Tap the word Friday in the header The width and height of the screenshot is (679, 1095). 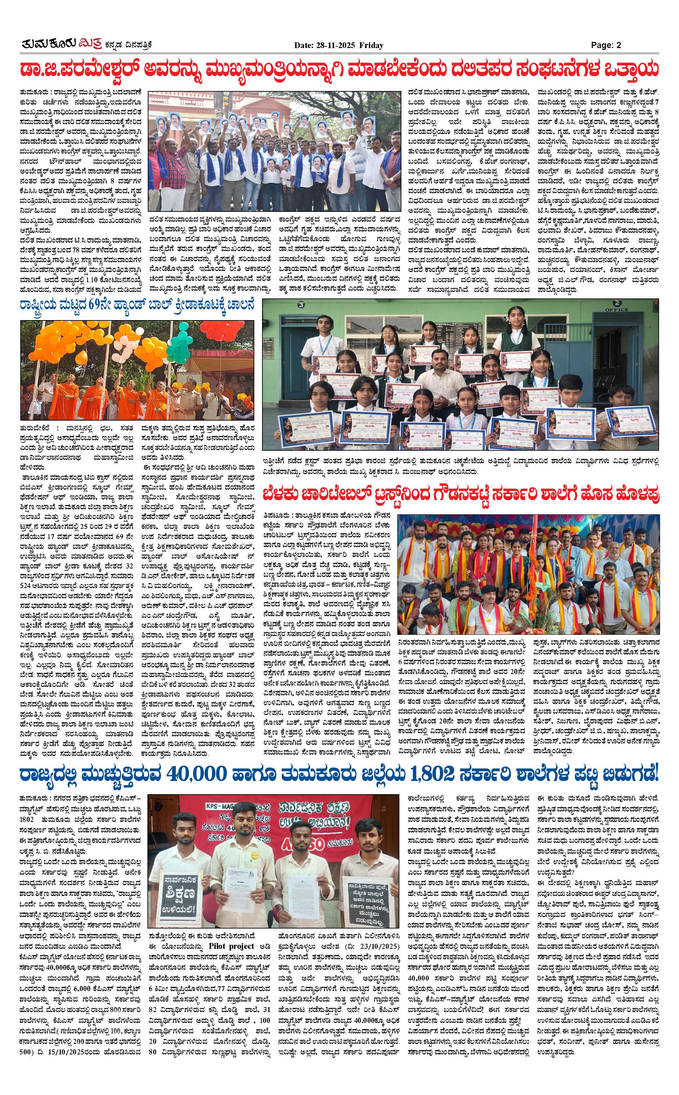[371, 45]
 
